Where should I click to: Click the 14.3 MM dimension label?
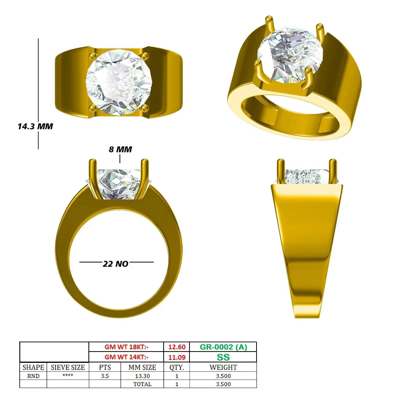click(35, 126)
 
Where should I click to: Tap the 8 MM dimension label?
click(120, 149)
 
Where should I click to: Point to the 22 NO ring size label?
click(115, 264)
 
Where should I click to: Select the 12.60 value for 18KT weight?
click(177, 347)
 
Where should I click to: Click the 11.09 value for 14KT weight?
click(177, 357)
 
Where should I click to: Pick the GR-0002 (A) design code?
click(223, 347)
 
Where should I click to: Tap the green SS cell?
click(223, 357)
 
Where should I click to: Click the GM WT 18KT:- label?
click(127, 347)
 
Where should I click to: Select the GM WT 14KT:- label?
click(127, 357)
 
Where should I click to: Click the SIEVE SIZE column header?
click(68, 367)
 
